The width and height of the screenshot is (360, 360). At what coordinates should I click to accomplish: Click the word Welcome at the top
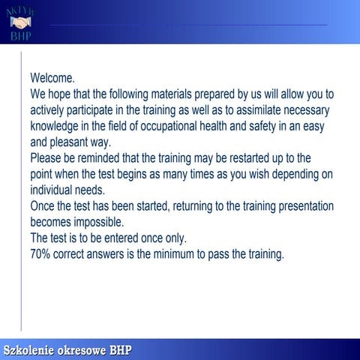click(x=52, y=78)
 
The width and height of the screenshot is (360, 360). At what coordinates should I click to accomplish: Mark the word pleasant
click(x=77, y=142)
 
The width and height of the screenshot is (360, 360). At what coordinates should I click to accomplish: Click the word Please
click(x=47, y=159)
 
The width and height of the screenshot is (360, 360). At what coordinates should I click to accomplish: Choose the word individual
click(x=53, y=190)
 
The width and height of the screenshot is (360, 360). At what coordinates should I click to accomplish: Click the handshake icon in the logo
click(x=19, y=22)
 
